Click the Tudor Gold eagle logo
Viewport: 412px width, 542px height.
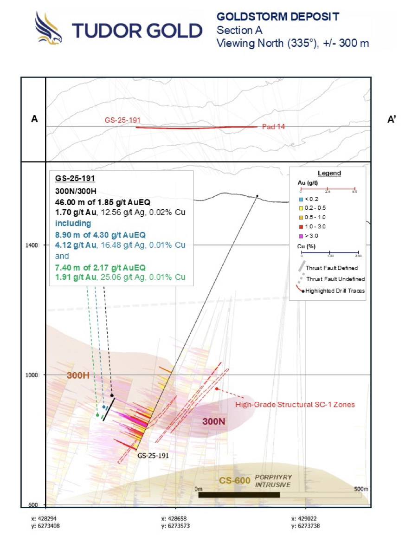tap(48, 28)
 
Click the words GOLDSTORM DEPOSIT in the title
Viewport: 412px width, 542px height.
tap(278, 17)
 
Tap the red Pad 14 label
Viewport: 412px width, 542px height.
tap(273, 127)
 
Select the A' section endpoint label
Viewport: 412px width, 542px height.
tap(392, 120)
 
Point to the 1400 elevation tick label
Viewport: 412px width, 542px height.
tap(32, 245)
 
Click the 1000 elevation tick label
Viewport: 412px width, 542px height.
tap(32, 375)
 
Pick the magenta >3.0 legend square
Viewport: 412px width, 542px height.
tap(301, 236)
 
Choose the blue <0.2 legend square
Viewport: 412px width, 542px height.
tap(301, 199)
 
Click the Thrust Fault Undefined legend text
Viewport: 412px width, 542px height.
tap(335, 279)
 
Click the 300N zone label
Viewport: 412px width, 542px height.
tap(213, 421)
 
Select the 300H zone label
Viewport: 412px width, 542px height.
tap(78, 375)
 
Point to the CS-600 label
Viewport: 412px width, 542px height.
tap(235, 480)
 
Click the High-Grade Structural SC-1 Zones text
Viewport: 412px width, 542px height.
tap(295, 405)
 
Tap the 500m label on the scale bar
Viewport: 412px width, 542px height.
tap(361, 489)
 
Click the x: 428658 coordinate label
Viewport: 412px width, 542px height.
tap(175, 518)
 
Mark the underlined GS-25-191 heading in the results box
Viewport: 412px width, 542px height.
tap(75, 178)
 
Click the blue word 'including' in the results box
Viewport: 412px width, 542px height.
tap(73, 223)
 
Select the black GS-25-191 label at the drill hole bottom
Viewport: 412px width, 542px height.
tap(153, 456)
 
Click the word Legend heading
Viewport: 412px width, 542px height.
tap(329, 173)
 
